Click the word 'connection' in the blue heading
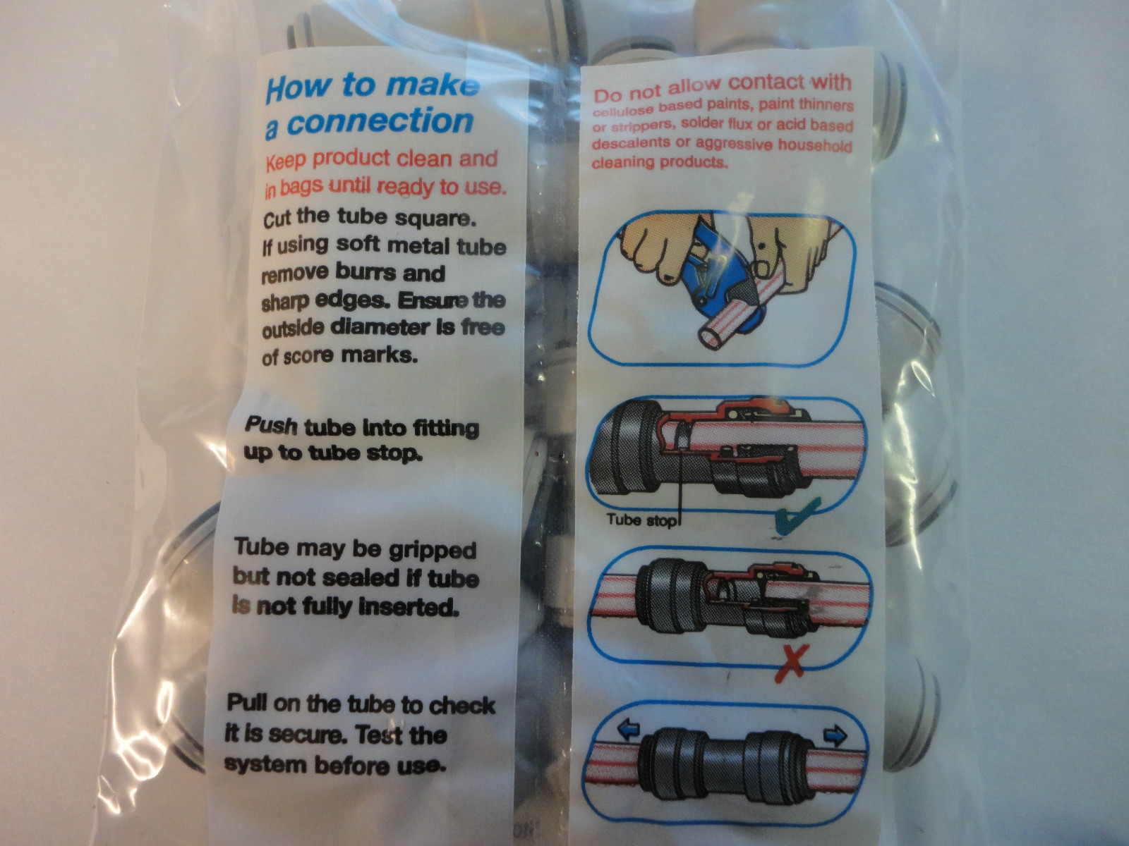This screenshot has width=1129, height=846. coord(380,122)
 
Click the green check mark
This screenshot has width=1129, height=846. coord(797,516)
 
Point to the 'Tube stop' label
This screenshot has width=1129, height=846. coord(641,520)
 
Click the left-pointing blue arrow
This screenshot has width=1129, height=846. coord(628,730)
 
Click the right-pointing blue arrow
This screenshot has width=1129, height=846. coord(835,736)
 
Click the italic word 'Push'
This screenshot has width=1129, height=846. coord(270,425)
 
